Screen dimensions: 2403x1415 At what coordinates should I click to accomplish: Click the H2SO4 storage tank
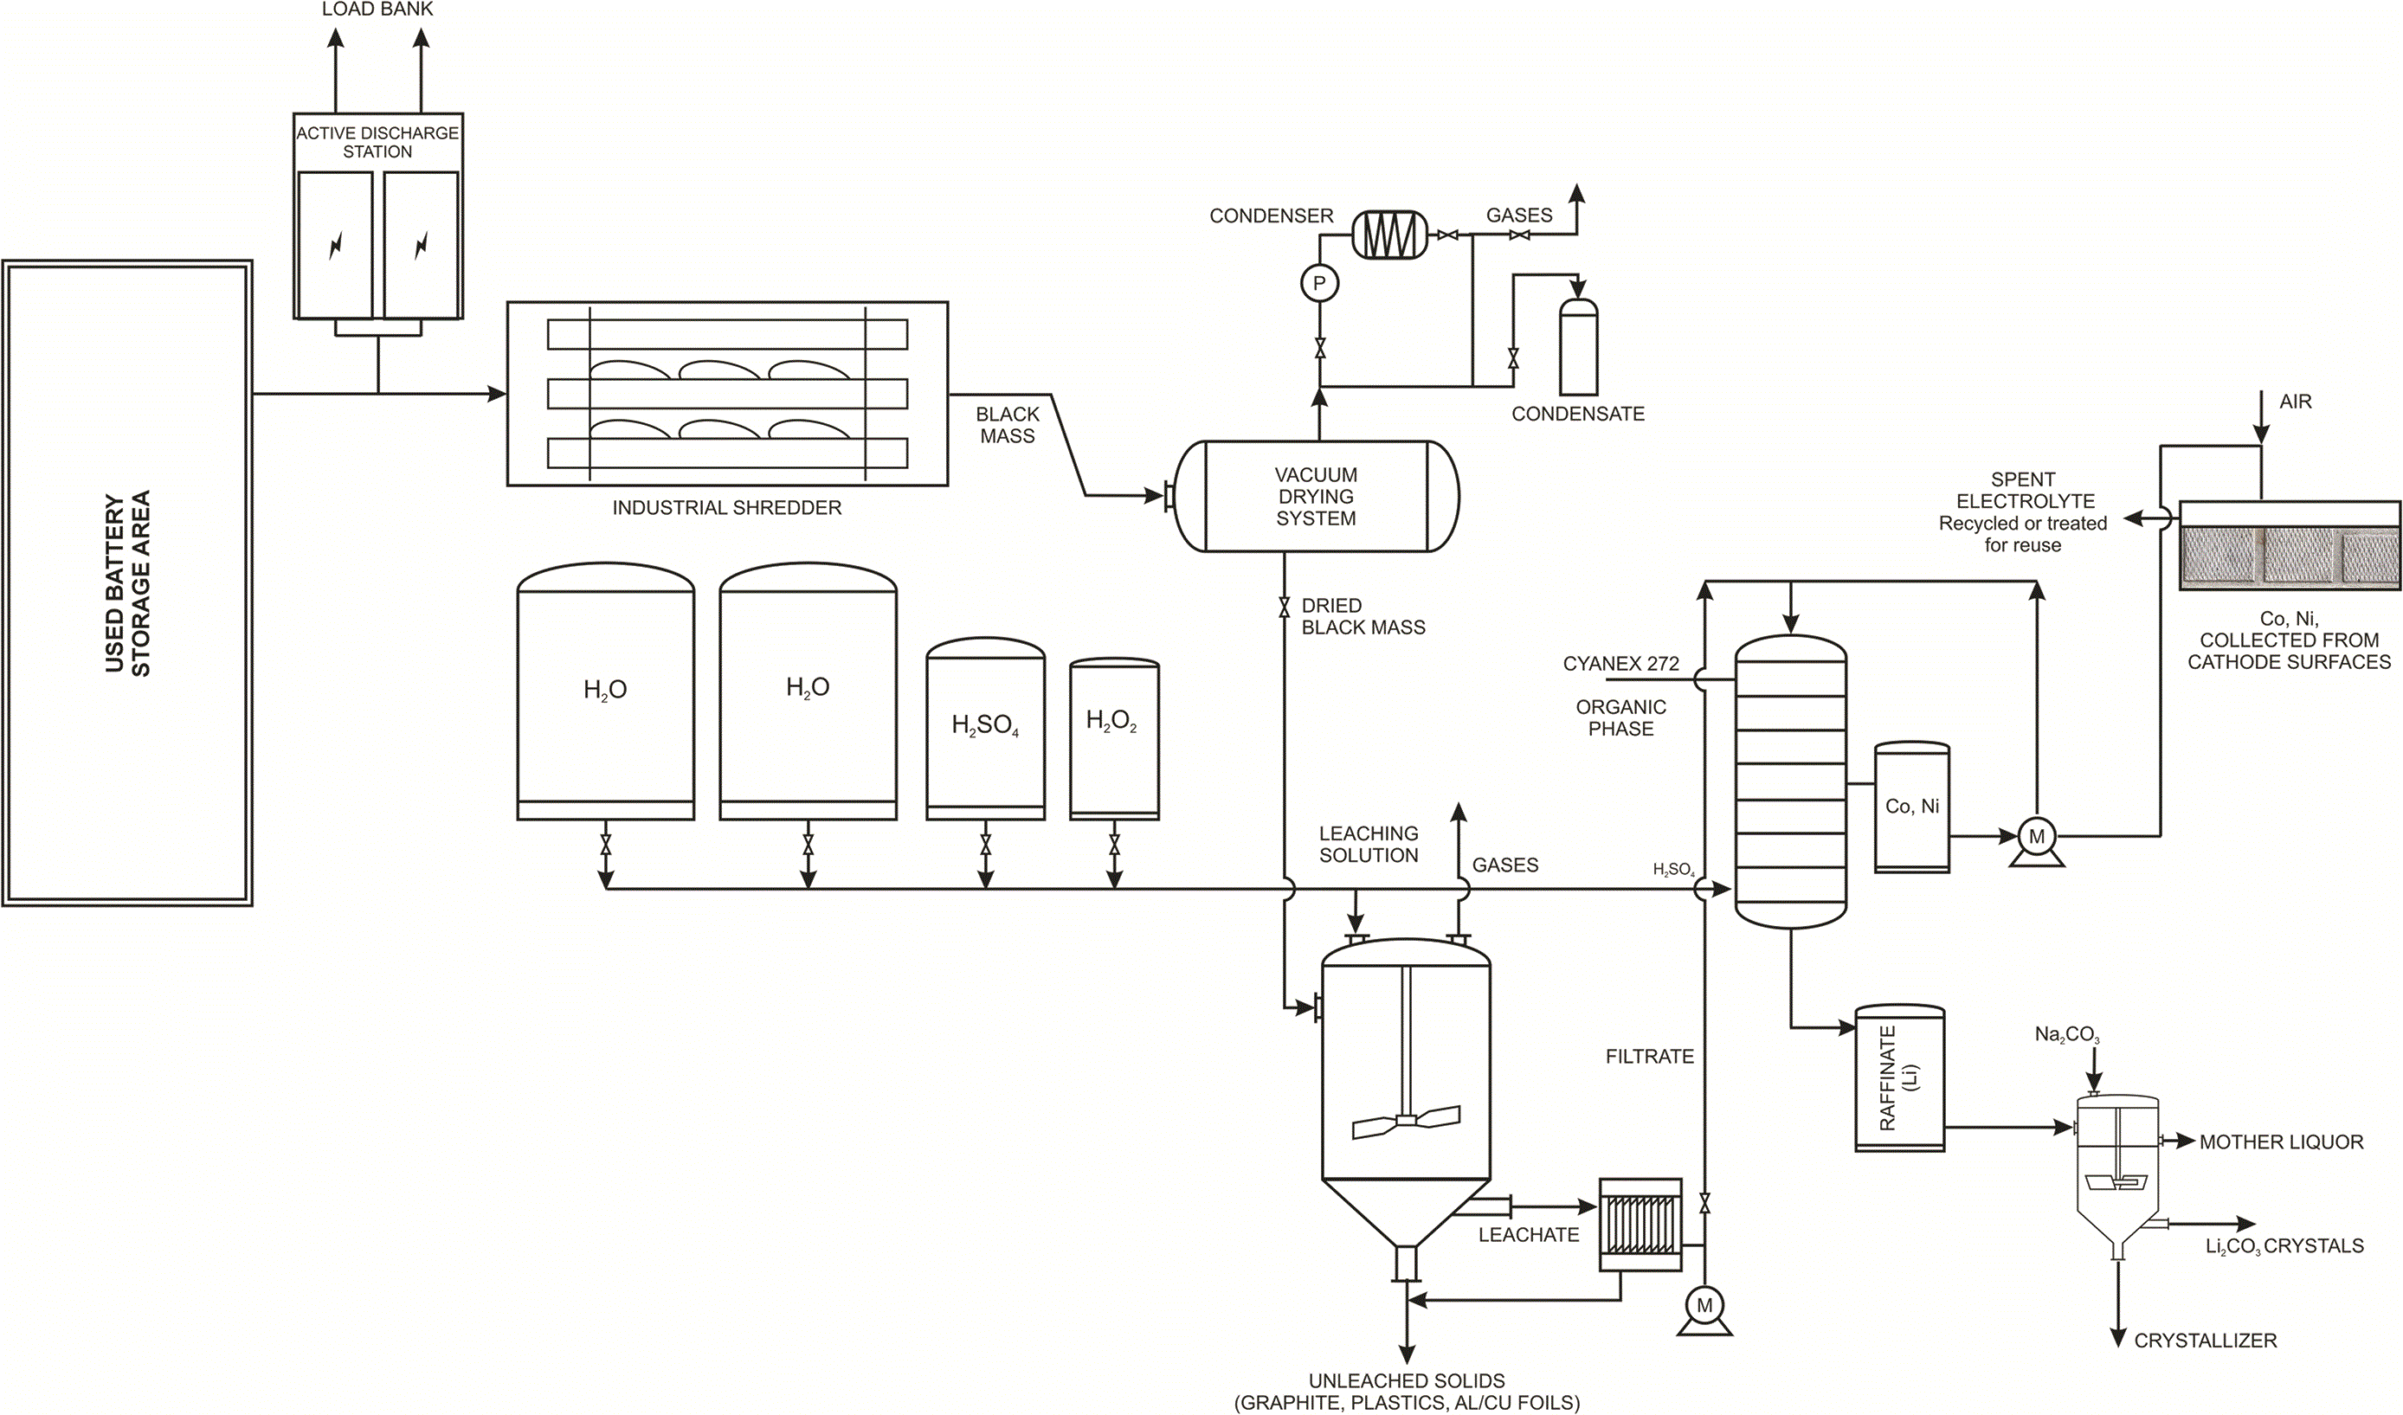tap(985, 730)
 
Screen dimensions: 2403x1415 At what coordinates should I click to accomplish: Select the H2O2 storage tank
tap(1114, 739)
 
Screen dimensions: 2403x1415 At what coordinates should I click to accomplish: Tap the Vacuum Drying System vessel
tap(1316, 496)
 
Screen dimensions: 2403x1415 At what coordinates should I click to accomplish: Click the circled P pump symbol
tap(1320, 283)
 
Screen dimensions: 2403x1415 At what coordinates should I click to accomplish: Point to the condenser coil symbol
tap(1389, 235)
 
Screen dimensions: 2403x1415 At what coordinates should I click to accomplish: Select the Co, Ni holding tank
tap(1912, 807)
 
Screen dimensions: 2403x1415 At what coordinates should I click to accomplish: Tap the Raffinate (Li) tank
tap(1899, 1078)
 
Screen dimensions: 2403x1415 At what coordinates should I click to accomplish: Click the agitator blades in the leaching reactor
tap(1406, 1122)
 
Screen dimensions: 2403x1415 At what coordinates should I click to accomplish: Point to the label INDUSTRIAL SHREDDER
tap(726, 508)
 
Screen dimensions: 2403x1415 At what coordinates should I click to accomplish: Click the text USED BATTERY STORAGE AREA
tap(128, 583)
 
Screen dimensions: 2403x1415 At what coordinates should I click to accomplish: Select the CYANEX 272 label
tap(1621, 664)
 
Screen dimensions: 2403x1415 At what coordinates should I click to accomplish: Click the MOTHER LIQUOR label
tap(2281, 1142)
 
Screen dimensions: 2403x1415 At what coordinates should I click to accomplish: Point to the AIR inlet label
tap(2296, 402)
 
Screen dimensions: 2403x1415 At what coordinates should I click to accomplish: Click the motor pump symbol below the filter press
tap(1705, 1311)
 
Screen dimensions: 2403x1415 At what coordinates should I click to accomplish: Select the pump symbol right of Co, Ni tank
tap(2037, 841)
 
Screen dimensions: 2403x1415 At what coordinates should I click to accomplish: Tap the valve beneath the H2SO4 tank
tap(986, 845)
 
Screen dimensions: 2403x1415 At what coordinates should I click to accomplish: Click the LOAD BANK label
tap(377, 10)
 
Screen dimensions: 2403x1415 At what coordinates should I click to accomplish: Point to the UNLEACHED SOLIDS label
tap(1407, 1380)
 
